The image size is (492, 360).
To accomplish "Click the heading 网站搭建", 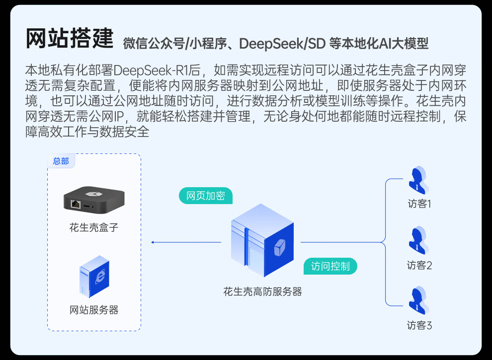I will click(x=70, y=39).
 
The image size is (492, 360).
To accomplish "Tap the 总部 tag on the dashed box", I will click(x=61, y=161).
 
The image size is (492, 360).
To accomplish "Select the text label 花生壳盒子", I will click(x=94, y=227).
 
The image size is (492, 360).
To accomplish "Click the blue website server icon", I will click(x=94, y=277).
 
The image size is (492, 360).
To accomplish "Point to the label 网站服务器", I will click(x=94, y=310).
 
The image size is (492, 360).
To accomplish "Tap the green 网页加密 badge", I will click(x=205, y=196).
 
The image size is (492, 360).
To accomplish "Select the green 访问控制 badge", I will click(x=330, y=266).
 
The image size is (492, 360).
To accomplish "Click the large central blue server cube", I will click(x=262, y=240).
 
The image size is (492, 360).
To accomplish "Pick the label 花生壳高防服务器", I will click(x=262, y=292).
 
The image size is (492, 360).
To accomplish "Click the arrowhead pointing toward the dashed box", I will click(x=153, y=242).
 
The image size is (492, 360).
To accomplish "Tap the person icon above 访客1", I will click(x=418, y=180).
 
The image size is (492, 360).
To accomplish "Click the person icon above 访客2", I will click(x=418, y=241).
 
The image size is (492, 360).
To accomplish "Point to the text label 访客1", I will click(x=419, y=204).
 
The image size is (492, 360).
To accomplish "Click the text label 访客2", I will click(x=419, y=265).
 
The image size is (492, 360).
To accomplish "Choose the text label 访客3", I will click(x=419, y=326).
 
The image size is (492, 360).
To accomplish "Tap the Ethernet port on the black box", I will click(x=76, y=204).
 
